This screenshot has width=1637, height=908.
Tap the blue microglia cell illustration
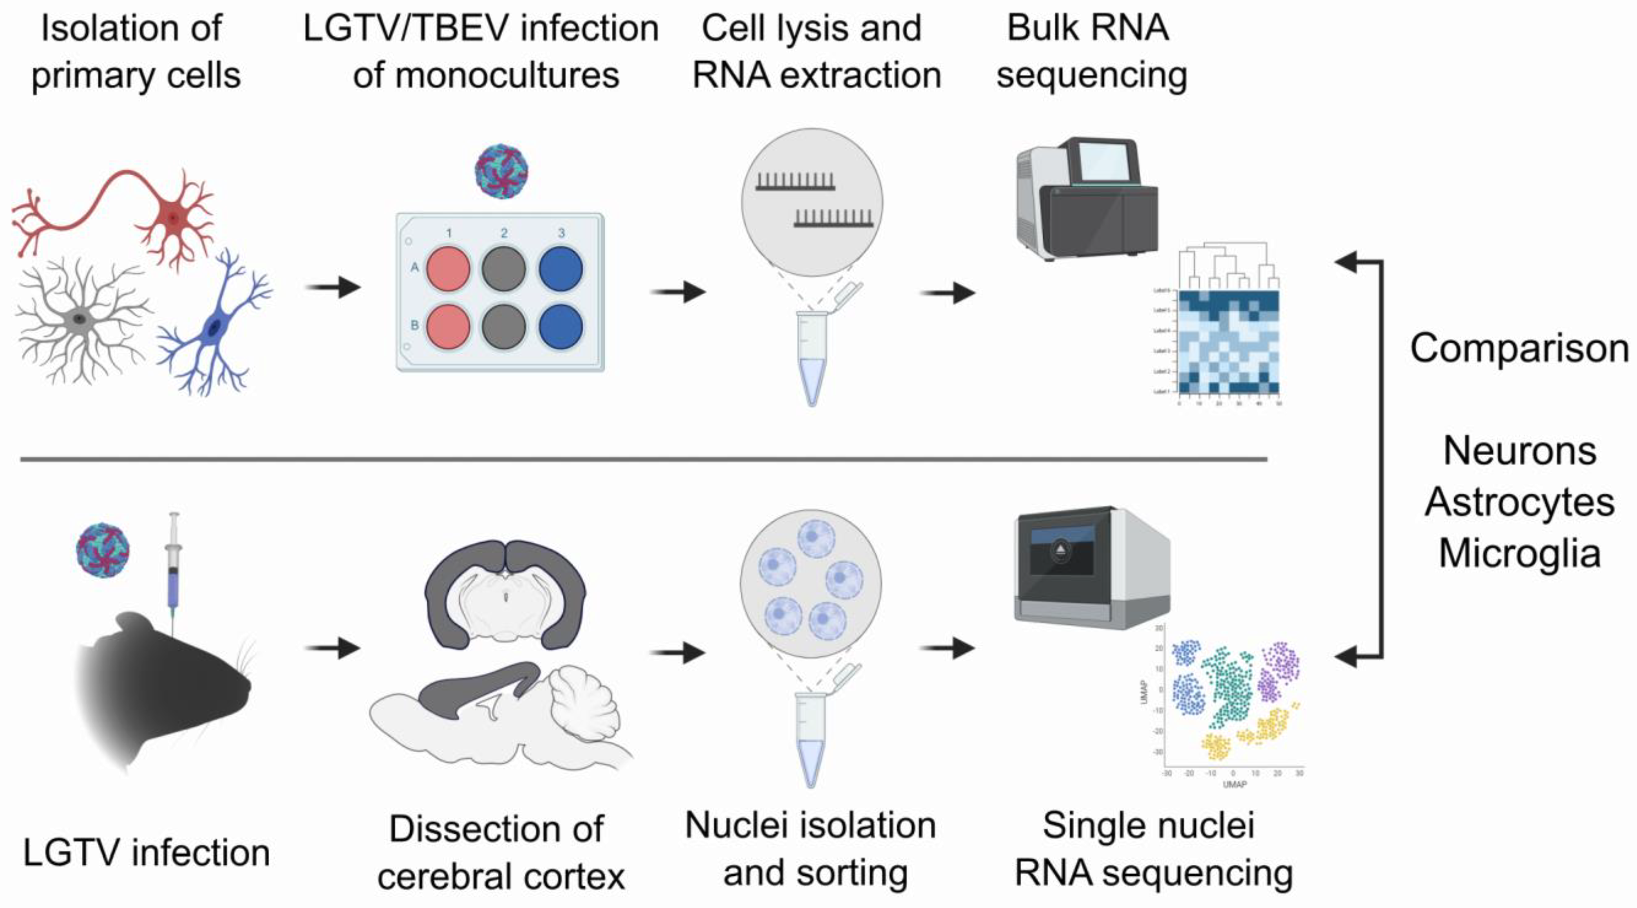[215, 327]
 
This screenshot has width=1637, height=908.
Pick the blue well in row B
[561, 327]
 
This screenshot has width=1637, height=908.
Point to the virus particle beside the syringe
[102, 550]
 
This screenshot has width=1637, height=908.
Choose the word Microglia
[1519, 553]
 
